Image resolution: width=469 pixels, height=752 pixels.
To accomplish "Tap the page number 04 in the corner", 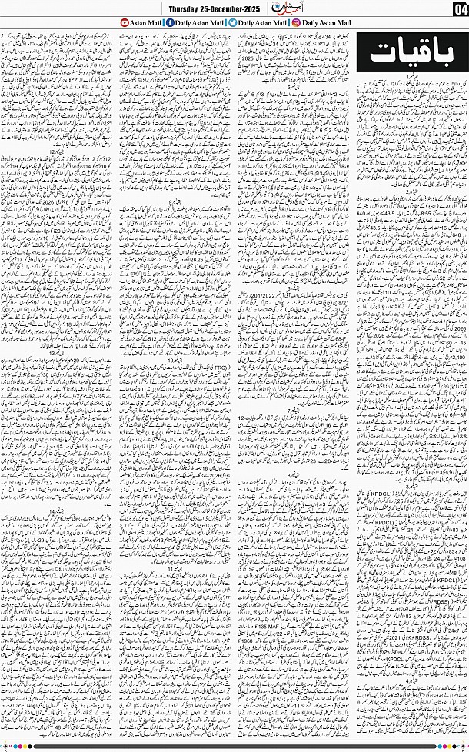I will [x=459, y=9].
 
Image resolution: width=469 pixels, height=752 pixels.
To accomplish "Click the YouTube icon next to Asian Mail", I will [x=125, y=23].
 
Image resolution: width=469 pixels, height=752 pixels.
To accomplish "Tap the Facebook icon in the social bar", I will [x=168, y=23].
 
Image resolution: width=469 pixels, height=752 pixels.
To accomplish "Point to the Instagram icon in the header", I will [x=295, y=23].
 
